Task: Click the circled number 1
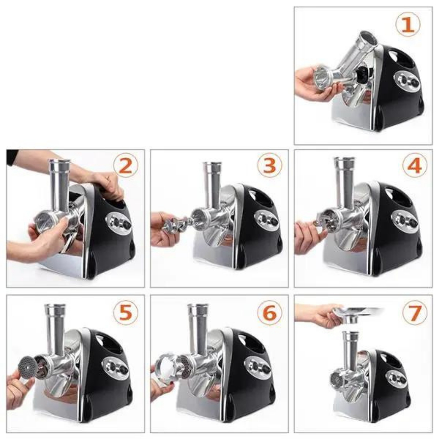[408, 24]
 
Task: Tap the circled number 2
[126, 166]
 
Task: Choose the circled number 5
[126, 313]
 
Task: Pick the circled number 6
[270, 313]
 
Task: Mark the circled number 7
[415, 313]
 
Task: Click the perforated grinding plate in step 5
[27, 367]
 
